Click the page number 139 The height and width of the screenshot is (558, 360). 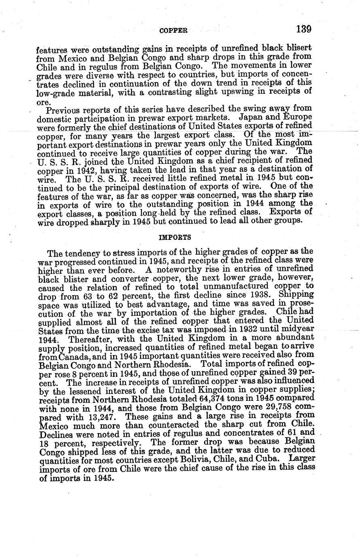click(303, 29)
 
